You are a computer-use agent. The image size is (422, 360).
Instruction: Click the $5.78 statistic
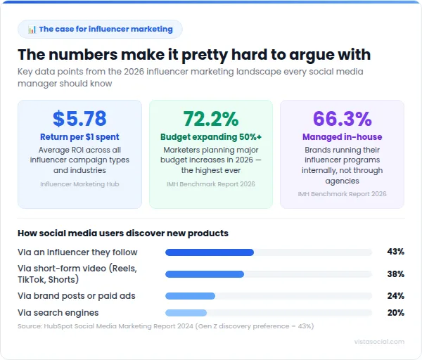pyautogui.click(x=79, y=118)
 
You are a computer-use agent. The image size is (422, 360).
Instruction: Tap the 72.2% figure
pyautogui.click(x=210, y=118)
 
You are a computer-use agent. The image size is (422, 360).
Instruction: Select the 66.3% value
pyautogui.click(x=342, y=118)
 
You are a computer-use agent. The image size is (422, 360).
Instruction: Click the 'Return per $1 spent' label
pyautogui.click(x=79, y=136)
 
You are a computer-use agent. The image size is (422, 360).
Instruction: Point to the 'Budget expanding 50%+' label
pyautogui.click(x=210, y=136)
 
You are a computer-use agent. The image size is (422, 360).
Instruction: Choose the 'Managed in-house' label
pyautogui.click(x=342, y=136)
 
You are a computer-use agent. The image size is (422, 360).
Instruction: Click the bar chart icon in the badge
pyautogui.click(x=32, y=30)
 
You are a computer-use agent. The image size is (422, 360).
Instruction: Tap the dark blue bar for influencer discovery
pyautogui.click(x=209, y=252)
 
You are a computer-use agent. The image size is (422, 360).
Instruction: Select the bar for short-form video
pyautogui.click(x=204, y=274)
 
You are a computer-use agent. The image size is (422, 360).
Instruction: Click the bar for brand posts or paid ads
pyautogui.click(x=190, y=296)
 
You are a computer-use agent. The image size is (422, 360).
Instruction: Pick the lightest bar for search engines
pyautogui.click(x=186, y=313)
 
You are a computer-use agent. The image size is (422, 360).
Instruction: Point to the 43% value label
pyautogui.click(x=395, y=252)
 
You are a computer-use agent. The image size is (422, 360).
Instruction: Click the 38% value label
pyautogui.click(x=395, y=274)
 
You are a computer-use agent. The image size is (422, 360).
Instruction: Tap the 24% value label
pyautogui.click(x=395, y=296)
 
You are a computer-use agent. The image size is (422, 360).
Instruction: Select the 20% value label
pyautogui.click(x=395, y=313)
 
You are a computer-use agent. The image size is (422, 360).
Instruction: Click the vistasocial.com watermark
pyautogui.click(x=380, y=342)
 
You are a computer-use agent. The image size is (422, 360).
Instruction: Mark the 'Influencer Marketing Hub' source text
pyautogui.click(x=79, y=184)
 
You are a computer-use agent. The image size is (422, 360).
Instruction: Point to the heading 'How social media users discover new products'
pyautogui.click(x=122, y=233)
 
